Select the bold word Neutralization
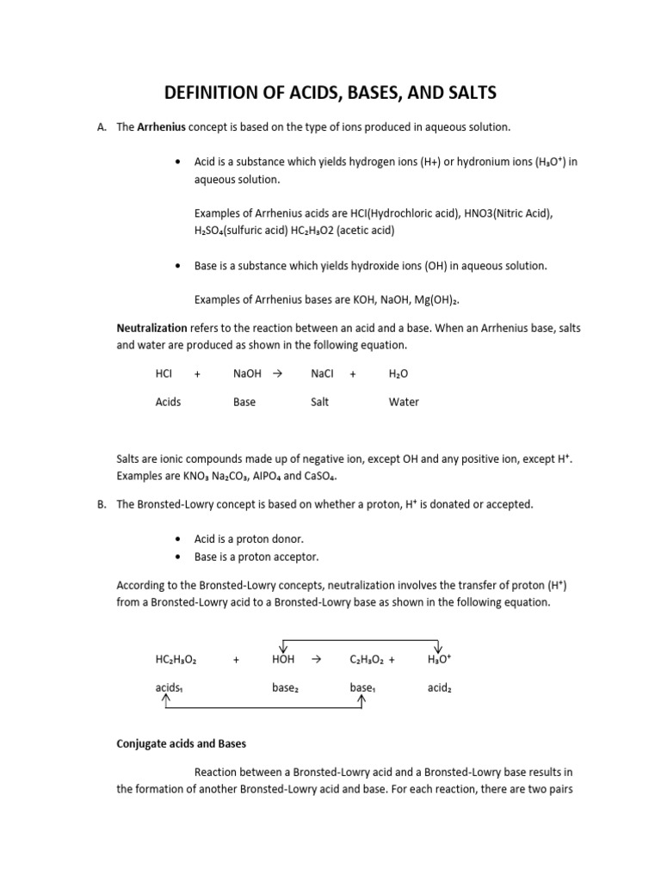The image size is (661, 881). [151, 328]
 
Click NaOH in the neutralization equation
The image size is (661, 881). [246, 374]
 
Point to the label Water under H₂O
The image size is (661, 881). [404, 402]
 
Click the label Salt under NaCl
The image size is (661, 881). [320, 402]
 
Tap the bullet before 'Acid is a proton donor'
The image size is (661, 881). [176, 539]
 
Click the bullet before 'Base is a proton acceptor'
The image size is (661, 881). [176, 557]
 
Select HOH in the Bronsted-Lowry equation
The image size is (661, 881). [282, 659]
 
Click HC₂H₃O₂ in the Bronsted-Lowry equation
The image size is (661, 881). [176, 659]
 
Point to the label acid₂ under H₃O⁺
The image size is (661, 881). [440, 687]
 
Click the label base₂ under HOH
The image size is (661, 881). [285, 687]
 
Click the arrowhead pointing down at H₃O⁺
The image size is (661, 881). [439, 647]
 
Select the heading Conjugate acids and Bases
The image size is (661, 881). [182, 744]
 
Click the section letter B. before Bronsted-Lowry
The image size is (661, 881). [102, 504]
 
